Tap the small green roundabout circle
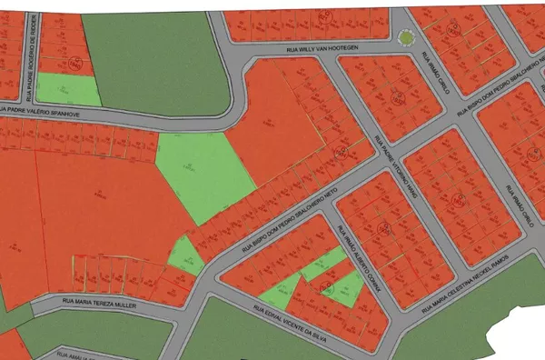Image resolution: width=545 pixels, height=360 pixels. click(x=404, y=37)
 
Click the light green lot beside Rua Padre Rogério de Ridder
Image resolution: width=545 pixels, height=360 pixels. click(x=68, y=88)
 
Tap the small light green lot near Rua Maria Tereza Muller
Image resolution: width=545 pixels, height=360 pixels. click(x=187, y=255)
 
